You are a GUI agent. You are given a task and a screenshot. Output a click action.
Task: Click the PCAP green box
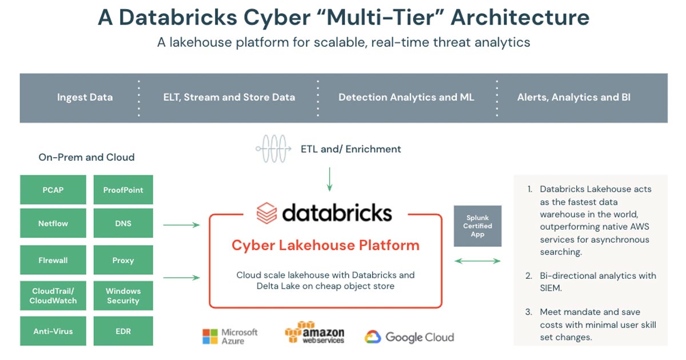pyautogui.click(x=53, y=190)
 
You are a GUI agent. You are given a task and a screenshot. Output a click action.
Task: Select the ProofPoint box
pyautogui.click(x=123, y=190)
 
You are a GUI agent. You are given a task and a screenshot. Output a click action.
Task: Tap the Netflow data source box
pyautogui.click(x=53, y=223)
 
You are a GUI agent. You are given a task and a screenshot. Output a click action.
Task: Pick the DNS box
pyautogui.click(x=123, y=223)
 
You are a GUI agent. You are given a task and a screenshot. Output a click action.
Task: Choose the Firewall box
pyautogui.click(x=53, y=260)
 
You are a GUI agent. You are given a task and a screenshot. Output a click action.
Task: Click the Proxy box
pyautogui.click(x=123, y=260)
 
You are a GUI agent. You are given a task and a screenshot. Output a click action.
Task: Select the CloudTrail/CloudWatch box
pyautogui.click(x=53, y=295)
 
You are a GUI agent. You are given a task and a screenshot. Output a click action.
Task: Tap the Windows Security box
pyautogui.click(x=123, y=295)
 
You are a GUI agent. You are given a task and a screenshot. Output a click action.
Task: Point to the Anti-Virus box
pyautogui.click(x=53, y=331)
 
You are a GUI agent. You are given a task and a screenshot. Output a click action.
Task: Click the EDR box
pyautogui.click(x=123, y=331)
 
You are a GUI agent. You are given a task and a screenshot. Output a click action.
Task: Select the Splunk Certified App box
pyautogui.click(x=477, y=226)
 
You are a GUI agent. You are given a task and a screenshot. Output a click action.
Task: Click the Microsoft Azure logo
pyautogui.click(x=230, y=336)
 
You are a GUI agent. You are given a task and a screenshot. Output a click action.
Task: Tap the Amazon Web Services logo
pyautogui.click(x=315, y=333)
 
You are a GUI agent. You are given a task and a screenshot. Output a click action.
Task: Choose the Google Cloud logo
pyautogui.click(x=409, y=337)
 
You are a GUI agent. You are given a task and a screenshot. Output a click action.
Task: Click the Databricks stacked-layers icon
pyautogui.click(x=266, y=213)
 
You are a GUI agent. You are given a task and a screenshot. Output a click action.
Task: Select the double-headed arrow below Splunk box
pyautogui.click(x=477, y=261)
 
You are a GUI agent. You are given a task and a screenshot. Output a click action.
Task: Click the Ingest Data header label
pyautogui.click(x=85, y=97)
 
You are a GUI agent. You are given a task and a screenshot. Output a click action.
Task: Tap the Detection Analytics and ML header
pyautogui.click(x=406, y=97)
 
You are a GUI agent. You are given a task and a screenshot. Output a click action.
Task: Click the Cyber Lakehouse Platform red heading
pyautogui.click(x=325, y=246)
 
